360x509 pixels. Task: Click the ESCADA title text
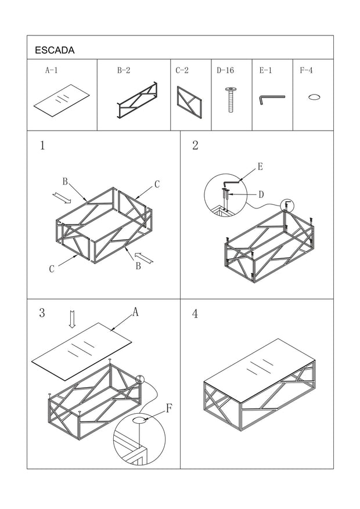click(x=55, y=50)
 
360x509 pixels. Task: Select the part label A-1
click(x=51, y=70)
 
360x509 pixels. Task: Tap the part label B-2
click(x=124, y=70)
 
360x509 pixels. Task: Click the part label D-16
click(x=225, y=70)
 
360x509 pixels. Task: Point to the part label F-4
click(x=306, y=70)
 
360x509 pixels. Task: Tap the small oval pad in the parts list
click(x=314, y=97)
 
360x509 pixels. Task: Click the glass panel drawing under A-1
click(x=62, y=101)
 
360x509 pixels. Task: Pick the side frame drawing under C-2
click(x=189, y=101)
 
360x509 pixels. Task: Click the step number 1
click(x=42, y=146)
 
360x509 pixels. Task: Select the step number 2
click(x=195, y=146)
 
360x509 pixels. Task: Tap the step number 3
click(x=42, y=313)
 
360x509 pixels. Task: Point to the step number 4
click(x=195, y=314)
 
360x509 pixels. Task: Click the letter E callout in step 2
click(x=260, y=167)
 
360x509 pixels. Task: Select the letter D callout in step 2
click(x=261, y=193)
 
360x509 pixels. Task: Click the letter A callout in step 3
click(x=135, y=312)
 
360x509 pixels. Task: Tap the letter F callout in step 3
click(x=168, y=408)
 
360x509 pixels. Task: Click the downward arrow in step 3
click(x=73, y=319)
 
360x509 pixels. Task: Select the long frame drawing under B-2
click(x=137, y=101)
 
